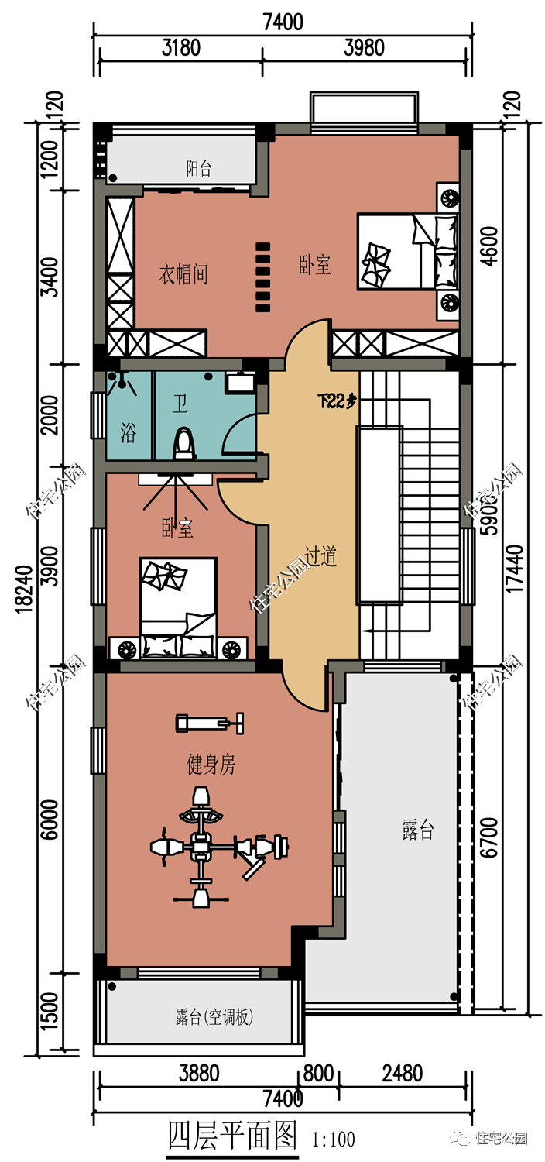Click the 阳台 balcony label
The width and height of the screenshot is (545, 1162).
pyautogui.click(x=199, y=168)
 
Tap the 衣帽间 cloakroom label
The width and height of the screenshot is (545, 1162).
pyautogui.click(x=183, y=274)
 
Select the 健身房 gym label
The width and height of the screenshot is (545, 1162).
pyautogui.click(x=211, y=765)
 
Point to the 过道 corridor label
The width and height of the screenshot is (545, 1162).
pyautogui.click(x=320, y=556)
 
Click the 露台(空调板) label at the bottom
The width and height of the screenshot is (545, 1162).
pyautogui.click(x=214, y=1017)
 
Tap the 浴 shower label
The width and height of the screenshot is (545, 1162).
pyautogui.click(x=129, y=433)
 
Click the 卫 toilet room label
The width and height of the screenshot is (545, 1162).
pyautogui.click(x=180, y=404)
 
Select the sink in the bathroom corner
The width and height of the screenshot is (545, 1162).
pyautogui.click(x=241, y=382)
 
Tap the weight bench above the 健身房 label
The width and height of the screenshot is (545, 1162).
pyautogui.click(x=209, y=723)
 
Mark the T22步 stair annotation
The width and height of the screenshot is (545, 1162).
pyautogui.click(x=338, y=401)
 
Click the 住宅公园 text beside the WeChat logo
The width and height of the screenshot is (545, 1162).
pyautogui.click(x=500, y=1138)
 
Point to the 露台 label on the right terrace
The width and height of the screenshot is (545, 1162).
pyautogui.click(x=418, y=830)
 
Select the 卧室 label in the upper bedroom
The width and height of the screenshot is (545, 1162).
pyautogui.click(x=315, y=265)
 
